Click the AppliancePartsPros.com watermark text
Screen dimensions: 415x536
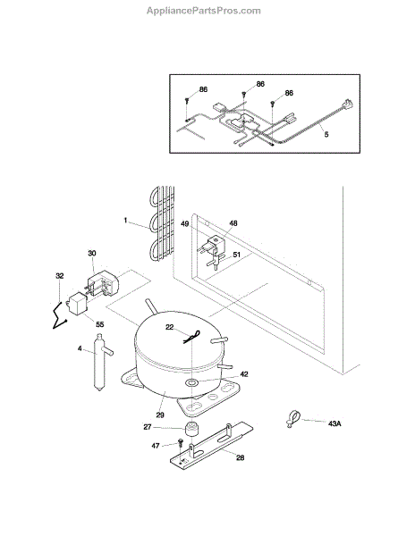pos(204,11)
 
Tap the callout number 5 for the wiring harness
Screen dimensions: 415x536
pos(326,134)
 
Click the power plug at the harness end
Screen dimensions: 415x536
pos(348,104)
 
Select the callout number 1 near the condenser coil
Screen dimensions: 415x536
pos(125,221)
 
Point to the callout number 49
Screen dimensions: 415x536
pos(185,224)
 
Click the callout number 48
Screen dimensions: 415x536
pos(233,223)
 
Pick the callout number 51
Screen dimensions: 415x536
pos(237,255)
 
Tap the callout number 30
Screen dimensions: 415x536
pos(92,254)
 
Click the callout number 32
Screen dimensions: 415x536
pos(60,276)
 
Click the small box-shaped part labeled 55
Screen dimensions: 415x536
pos(78,305)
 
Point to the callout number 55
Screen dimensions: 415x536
pos(99,324)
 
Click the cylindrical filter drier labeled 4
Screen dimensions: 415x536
pos(100,363)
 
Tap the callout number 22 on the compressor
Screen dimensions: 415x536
pos(170,327)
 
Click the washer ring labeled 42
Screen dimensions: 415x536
pos(191,381)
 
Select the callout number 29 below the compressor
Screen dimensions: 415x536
pos(160,415)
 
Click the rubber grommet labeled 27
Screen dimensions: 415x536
pos(191,429)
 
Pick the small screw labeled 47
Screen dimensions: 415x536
pos(181,444)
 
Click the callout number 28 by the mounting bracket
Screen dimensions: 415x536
pos(241,457)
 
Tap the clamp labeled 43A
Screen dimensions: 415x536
pos(292,418)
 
